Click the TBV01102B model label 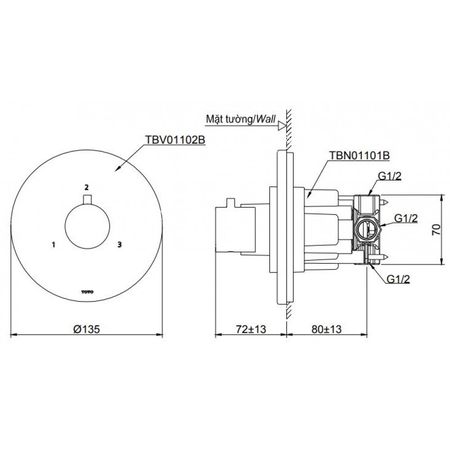[x=174, y=140]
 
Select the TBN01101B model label [x=360, y=155]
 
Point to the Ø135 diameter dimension [x=86, y=329]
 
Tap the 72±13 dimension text [x=251, y=329]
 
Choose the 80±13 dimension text [x=326, y=329]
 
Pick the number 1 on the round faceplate [x=54, y=245]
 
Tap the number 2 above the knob [x=86, y=186]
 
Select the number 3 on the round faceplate [x=119, y=245]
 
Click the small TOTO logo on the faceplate [x=86, y=292]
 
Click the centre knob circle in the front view [x=86, y=226]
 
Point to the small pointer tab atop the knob [x=86, y=199]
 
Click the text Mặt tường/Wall [x=240, y=119]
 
